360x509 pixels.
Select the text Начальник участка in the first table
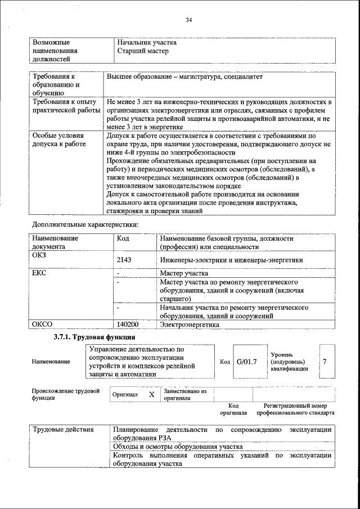[147, 42]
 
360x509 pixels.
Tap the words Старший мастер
[143, 51]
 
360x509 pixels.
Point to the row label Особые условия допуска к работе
[58, 140]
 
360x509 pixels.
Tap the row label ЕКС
[39, 273]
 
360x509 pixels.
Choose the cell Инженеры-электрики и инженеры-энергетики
[231, 260]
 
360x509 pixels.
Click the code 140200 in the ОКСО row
[128, 325]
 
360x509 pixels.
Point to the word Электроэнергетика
[188, 325]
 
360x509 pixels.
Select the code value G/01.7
[246, 361]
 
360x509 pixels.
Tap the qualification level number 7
[325, 361]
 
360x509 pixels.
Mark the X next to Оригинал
[151, 395]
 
